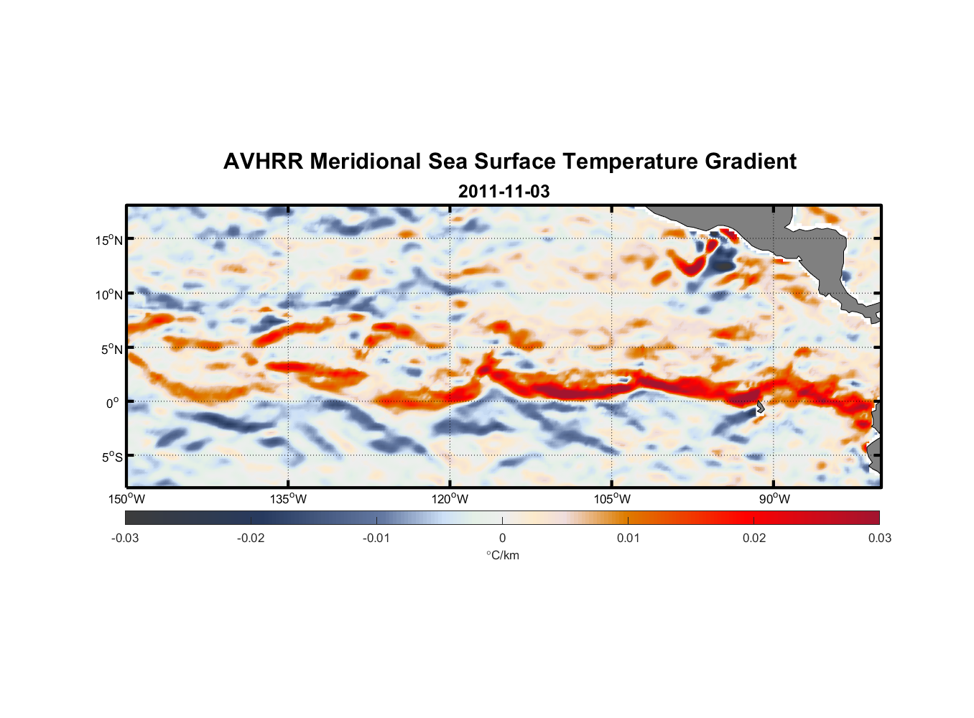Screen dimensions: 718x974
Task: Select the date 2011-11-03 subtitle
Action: pyautogui.click(x=504, y=192)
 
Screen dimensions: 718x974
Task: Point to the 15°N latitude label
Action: pyautogui.click(x=109, y=240)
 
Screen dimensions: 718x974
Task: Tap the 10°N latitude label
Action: pyautogui.click(x=109, y=294)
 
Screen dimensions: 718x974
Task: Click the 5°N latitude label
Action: pyautogui.click(x=111, y=349)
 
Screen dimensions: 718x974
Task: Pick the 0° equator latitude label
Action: pyautogui.click(x=113, y=403)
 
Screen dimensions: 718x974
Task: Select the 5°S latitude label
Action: pyautogui.click(x=111, y=457)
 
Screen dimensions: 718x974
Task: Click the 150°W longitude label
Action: pyautogui.click(x=126, y=499)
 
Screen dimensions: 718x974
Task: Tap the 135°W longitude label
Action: pyautogui.click(x=288, y=499)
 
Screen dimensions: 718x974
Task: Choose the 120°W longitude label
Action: pyautogui.click(x=450, y=499)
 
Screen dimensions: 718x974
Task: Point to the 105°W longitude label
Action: pyautogui.click(x=612, y=499)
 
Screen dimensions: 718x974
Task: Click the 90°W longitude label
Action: pyautogui.click(x=774, y=499)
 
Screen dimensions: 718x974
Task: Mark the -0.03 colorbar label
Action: pyautogui.click(x=125, y=538)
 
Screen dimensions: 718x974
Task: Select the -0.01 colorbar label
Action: pyautogui.click(x=376, y=538)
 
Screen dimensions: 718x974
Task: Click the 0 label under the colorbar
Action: pyautogui.click(x=502, y=538)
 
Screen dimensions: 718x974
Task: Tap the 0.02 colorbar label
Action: pyautogui.click(x=754, y=538)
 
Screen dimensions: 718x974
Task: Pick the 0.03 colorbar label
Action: pyautogui.click(x=879, y=538)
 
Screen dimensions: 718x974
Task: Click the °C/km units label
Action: pyautogui.click(x=503, y=555)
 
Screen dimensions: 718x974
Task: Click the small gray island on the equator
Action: pyautogui.click(x=760, y=407)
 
